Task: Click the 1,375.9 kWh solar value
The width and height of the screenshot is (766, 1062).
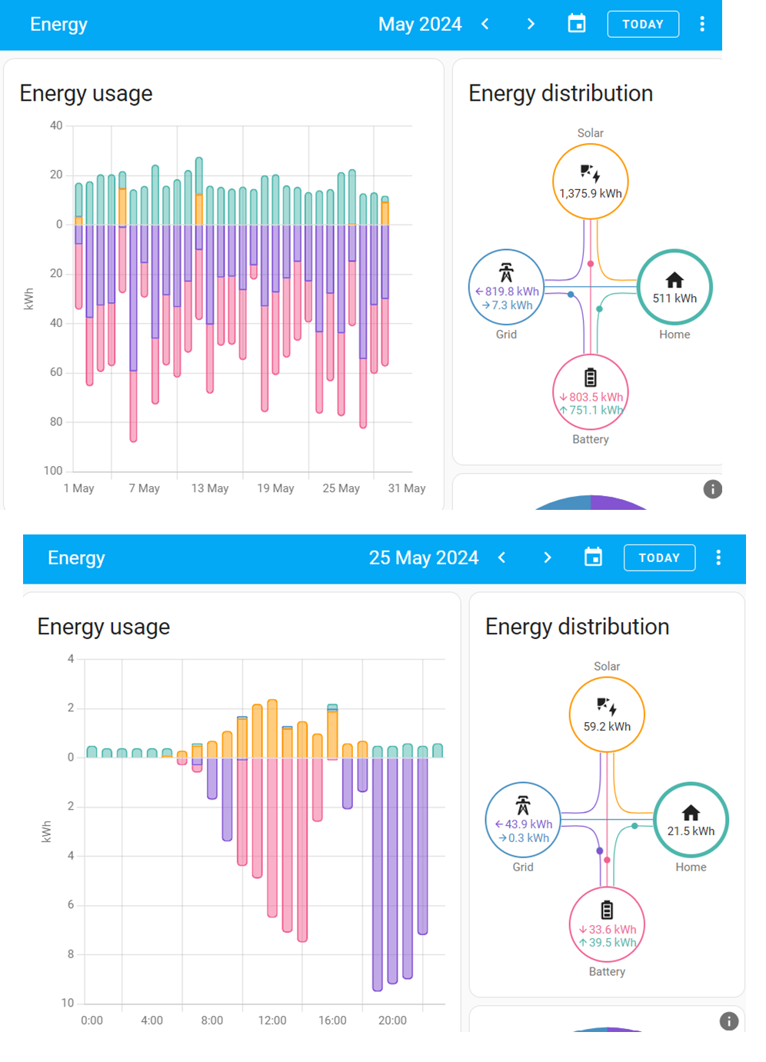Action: pos(591,194)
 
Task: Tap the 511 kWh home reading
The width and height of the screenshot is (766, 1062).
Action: pos(674,298)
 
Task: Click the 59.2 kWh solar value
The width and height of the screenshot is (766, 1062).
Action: pos(607,727)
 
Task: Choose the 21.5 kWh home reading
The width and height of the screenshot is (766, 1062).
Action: pos(691,831)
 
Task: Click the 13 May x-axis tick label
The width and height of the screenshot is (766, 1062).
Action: pos(210,488)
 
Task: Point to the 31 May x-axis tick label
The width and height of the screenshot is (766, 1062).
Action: pos(407,488)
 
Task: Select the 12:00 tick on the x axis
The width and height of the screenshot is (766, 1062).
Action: pos(272,1020)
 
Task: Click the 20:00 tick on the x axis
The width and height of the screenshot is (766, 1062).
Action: pos(392,1020)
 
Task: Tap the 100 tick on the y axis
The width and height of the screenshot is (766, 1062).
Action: pos(53,471)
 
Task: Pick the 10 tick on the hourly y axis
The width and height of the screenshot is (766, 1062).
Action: pos(68,1004)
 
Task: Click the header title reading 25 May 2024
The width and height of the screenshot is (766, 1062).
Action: pos(424,558)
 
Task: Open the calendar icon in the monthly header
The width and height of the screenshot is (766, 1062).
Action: pos(577,24)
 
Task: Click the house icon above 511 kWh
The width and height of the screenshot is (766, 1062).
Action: pos(674,280)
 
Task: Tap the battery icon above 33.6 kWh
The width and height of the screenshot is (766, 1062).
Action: pos(607,911)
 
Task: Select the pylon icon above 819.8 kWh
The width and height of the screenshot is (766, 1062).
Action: pos(506,272)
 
